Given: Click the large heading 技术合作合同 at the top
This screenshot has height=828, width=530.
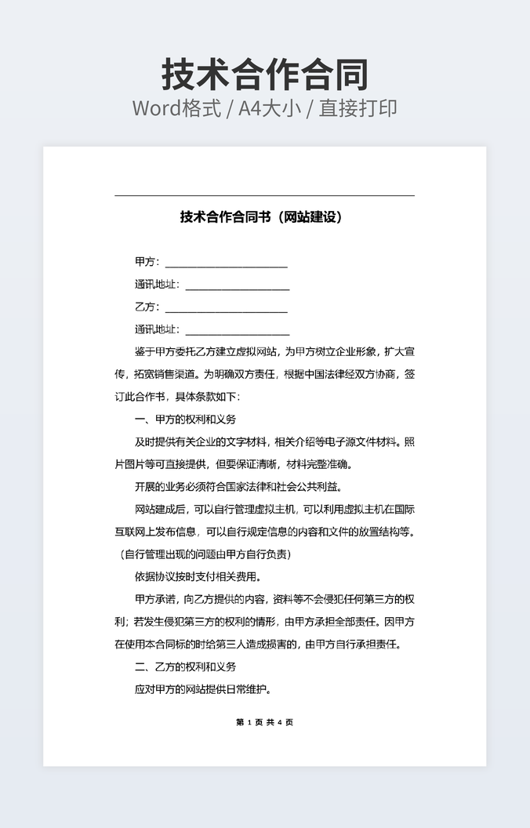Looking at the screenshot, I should pos(265,74).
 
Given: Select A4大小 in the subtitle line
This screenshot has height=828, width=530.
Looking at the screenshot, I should pos(270,108).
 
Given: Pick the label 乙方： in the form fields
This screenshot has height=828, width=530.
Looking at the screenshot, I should pos(147,307).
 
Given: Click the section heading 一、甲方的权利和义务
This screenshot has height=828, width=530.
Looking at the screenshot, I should pos(185,419).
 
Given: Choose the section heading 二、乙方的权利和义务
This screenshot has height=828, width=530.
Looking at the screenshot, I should pos(185,667).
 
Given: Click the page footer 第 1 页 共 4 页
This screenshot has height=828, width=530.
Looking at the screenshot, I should pos(264,722).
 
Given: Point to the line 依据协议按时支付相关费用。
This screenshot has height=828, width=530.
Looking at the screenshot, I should pos(198,577).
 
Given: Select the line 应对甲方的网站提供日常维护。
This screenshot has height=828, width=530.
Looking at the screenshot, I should pos(203,690).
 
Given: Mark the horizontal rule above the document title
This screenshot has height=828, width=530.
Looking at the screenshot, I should pos(264,195).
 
